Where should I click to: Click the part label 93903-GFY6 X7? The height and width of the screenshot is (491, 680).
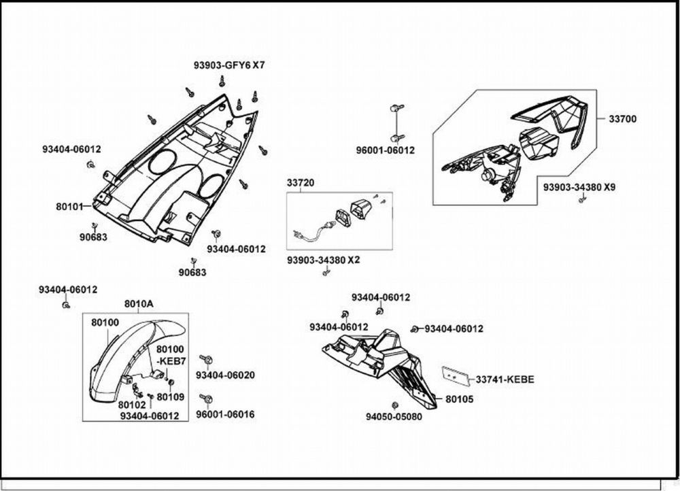pos(229,66)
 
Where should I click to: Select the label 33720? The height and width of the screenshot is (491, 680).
pos(300,183)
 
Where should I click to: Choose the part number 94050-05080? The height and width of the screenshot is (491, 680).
pos(394,416)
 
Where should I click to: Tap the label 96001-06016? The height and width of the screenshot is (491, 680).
pos(225,414)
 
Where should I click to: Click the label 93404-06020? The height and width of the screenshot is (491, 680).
pos(225,375)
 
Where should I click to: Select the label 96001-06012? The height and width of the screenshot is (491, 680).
pos(386,150)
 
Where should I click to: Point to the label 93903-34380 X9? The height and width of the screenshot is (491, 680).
pos(579,186)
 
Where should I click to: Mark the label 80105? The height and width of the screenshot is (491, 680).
pos(460,399)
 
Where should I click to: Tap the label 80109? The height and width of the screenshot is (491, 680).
pos(170,396)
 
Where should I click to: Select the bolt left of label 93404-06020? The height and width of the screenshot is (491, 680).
pos(203,358)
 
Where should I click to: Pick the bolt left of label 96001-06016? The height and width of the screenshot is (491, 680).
pos(203,397)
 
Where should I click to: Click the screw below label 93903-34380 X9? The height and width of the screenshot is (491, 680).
pos(581,200)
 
